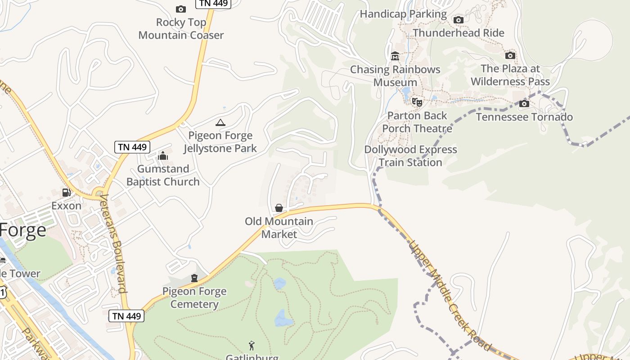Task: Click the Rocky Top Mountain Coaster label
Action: pyautogui.click(x=181, y=28)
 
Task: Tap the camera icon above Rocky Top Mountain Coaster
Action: pyautogui.click(x=180, y=9)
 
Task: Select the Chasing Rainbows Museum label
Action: pyautogui.click(x=395, y=76)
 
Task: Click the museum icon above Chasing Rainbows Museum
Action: pyautogui.click(x=395, y=56)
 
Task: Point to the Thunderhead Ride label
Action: pyautogui.click(x=459, y=33)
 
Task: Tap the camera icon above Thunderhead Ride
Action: pyautogui.click(x=459, y=20)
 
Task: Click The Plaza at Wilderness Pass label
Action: pyautogui.click(x=510, y=75)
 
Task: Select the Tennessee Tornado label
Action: pyautogui.click(x=524, y=117)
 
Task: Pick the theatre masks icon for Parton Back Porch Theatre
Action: pyautogui.click(x=417, y=102)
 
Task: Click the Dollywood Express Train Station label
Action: pyautogui.click(x=410, y=156)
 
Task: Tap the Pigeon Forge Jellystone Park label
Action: pyautogui.click(x=220, y=142)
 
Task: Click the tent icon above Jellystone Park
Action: pyautogui.click(x=220, y=122)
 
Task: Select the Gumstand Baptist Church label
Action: pyautogui.click(x=163, y=175)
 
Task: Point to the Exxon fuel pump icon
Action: pyautogui.click(x=67, y=193)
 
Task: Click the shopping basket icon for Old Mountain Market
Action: pyautogui.click(x=279, y=208)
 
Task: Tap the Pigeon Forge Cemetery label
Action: pyautogui.click(x=194, y=297)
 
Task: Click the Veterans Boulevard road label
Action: pyautogui.click(x=113, y=243)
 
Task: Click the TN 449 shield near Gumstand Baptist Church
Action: pyautogui.click(x=132, y=147)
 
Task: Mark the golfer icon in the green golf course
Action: pyautogui.click(x=252, y=346)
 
